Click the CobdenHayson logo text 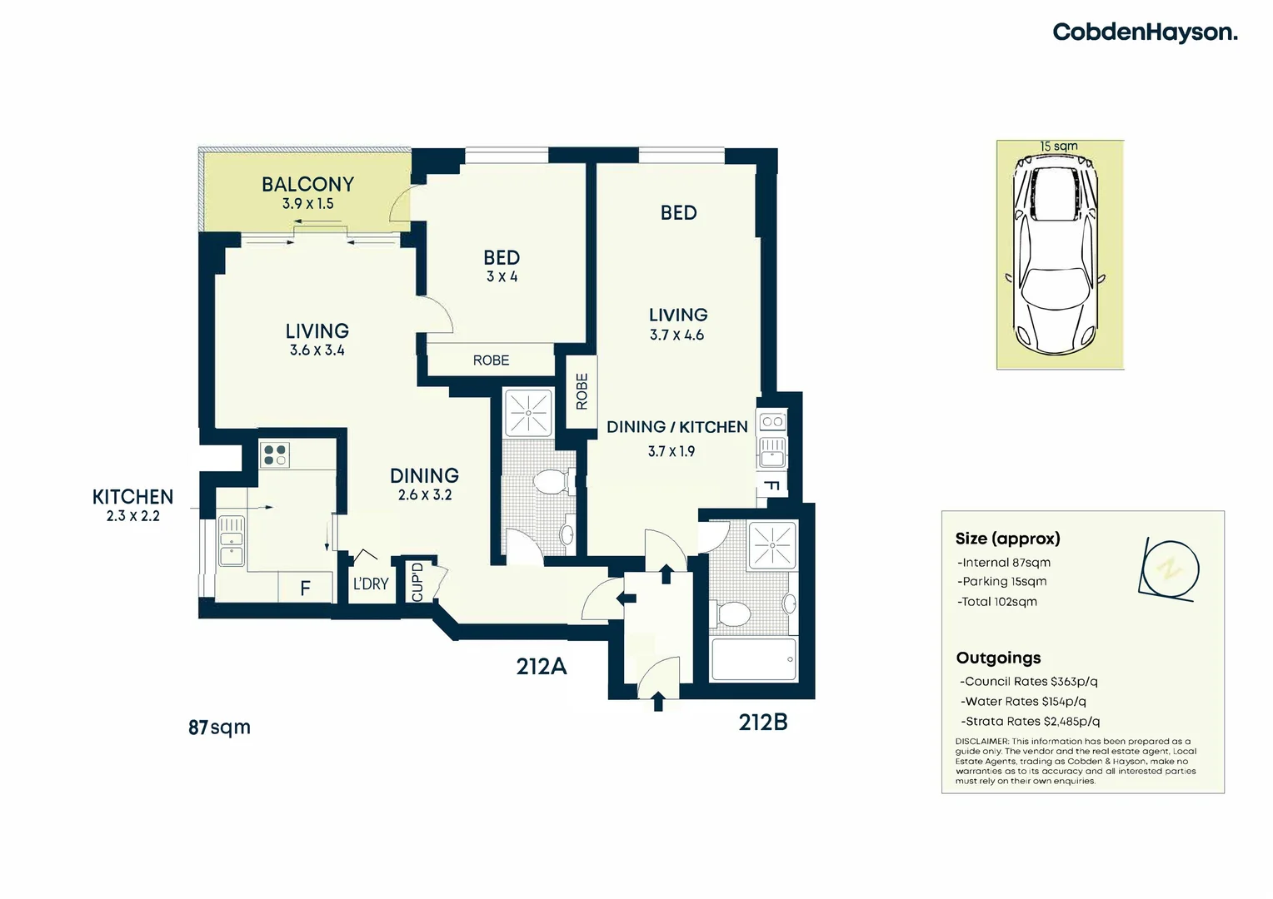1145,32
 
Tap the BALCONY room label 307,184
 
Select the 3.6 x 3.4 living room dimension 317,350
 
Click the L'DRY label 371,584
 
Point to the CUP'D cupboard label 417,582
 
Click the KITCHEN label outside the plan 132,497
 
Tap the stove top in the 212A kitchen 274,454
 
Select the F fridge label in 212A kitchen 305,589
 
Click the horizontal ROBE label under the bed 491,360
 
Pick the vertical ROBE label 582,391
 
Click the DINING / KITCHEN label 676,427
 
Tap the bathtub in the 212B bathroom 753,659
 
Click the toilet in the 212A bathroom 550,482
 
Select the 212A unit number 542,667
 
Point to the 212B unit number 762,723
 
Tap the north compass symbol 1170,569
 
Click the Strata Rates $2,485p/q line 1030,722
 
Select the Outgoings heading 998,658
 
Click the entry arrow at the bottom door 658,701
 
